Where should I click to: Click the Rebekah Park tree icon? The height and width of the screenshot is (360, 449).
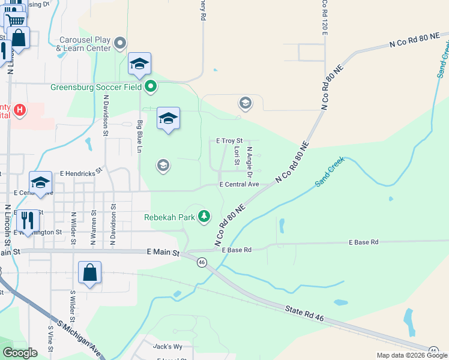205,216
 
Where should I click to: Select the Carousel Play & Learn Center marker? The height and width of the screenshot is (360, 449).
121,43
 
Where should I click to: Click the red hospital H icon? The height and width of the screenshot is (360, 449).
20,110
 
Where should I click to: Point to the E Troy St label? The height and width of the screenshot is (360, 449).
229,140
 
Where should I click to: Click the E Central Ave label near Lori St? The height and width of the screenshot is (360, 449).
239,184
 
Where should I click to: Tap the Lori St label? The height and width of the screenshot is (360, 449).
237,155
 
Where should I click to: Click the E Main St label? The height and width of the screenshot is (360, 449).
163,254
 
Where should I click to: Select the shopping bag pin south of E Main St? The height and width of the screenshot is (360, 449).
89,273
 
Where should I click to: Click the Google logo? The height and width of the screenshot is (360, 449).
20,353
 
